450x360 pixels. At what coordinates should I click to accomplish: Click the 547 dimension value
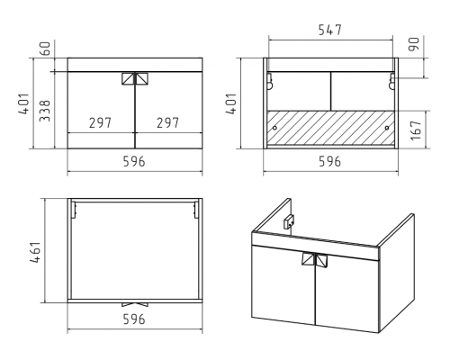coord(330,30)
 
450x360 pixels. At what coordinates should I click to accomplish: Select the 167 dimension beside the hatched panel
coord(416,130)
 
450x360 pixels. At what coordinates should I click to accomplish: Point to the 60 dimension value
coord(45,49)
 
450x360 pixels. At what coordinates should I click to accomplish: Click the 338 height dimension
coord(45,111)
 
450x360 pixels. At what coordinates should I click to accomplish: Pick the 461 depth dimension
coord(35,252)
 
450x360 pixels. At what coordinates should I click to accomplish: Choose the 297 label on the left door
coord(100,122)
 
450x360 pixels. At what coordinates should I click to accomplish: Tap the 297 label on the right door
coord(167,122)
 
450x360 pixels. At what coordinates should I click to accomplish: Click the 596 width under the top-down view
coord(134,319)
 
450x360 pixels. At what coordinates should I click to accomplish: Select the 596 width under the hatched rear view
coord(330,161)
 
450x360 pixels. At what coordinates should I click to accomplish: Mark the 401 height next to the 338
coord(24,103)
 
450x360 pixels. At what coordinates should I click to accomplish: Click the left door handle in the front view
coord(128,78)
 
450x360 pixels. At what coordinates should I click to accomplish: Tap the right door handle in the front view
coord(142,78)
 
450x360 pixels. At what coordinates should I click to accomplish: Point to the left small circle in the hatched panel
coord(274,128)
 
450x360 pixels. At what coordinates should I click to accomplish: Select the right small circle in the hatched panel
coord(387,128)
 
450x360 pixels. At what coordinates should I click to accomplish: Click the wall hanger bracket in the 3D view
coord(289,221)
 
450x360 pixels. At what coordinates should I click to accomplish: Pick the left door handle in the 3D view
coord(308,260)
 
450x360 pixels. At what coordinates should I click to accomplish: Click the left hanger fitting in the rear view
coord(270,81)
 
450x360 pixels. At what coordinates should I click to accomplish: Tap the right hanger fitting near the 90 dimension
coord(391,81)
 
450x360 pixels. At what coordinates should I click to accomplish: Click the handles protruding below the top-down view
coord(135,305)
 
